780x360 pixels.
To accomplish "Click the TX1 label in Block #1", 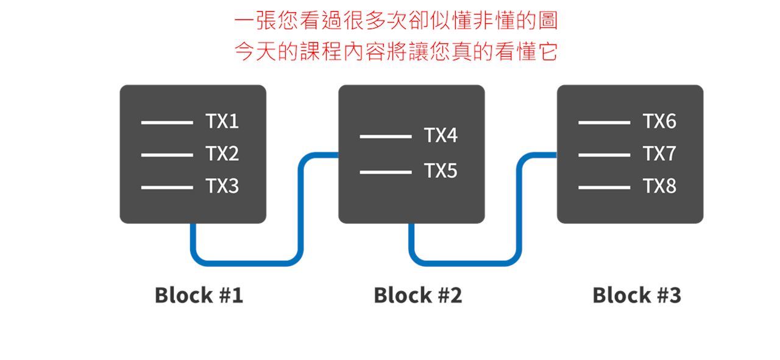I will [x=222, y=122].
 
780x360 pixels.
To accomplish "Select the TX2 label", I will [x=222, y=154].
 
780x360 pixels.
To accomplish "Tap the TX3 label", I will [x=222, y=186].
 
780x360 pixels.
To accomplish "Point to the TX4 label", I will [x=441, y=136].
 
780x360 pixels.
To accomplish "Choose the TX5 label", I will [x=441, y=172].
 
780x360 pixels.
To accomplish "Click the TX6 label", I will [x=659, y=122].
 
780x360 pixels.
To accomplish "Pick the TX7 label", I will [x=659, y=154].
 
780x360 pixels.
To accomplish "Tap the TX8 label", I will [x=659, y=186].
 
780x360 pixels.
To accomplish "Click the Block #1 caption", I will [x=199, y=295].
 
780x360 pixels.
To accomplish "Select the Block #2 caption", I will [x=417, y=295].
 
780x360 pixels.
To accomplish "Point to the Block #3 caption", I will [x=636, y=295].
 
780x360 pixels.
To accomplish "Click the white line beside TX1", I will [x=167, y=122].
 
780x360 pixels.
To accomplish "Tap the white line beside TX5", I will [x=385, y=172].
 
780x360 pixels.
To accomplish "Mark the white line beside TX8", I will [x=604, y=187].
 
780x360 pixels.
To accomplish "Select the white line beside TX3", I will [x=167, y=187].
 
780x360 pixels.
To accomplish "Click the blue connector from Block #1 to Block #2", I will [x=247, y=263].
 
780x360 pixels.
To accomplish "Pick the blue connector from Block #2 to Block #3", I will [x=466, y=263].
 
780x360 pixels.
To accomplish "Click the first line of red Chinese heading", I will [x=396, y=21].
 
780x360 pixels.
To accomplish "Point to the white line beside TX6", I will [x=604, y=122].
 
